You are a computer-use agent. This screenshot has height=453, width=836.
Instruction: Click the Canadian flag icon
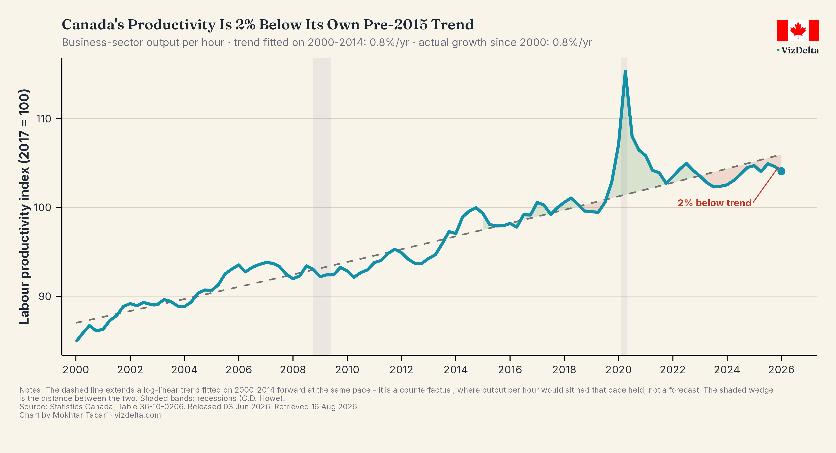798,30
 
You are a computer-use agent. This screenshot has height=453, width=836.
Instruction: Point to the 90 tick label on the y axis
45,296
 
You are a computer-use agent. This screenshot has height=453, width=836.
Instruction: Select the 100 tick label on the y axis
43,207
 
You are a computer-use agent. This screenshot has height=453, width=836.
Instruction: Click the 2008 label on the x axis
293,370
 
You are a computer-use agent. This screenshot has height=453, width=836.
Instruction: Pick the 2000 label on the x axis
76,370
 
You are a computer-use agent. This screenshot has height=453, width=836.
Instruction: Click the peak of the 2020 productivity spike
625,72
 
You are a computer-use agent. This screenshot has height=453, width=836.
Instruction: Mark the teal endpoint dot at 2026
781,171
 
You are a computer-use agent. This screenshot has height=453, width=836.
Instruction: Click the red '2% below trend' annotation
714,203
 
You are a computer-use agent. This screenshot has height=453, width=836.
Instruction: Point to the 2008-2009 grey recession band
322,206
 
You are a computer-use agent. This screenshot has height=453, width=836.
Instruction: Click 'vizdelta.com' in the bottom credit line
138,415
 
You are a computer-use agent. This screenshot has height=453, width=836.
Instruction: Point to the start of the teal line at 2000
76,341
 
